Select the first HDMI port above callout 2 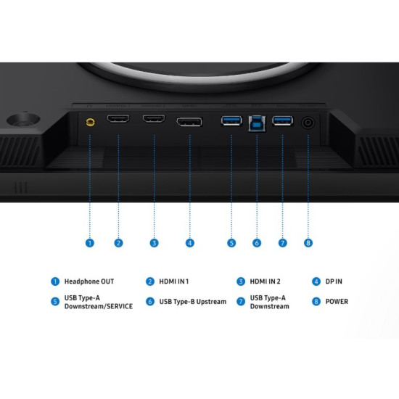pos(118,118)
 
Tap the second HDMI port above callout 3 pos(154,118)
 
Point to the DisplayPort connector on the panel pos(189,122)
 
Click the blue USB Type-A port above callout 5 pos(231,120)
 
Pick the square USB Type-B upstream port pos(257,123)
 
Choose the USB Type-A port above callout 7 pos(282,120)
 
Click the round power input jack pos(308,123)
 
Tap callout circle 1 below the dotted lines pos(89,243)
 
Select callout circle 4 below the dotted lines pos(190,243)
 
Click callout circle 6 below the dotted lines pos(257,243)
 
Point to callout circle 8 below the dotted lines pos(308,243)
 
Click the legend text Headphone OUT pos(89,281)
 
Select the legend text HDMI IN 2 pos(265,281)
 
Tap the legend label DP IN pos(334,281)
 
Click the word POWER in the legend pos(337,302)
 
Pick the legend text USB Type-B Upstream pos(193,302)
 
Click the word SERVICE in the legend pos(120,306)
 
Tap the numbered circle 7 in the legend pos(241,302)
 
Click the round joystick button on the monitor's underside pos(23,120)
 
